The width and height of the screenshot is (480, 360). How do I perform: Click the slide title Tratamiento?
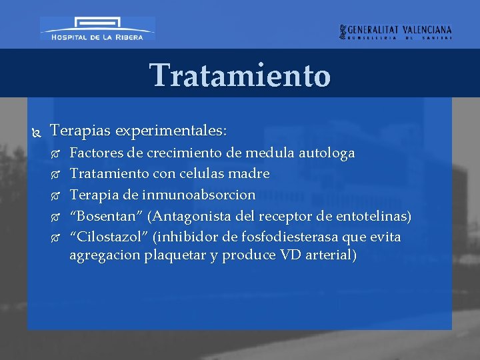pyautogui.click(x=240, y=75)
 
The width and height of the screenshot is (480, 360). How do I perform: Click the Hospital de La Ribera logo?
pyautogui.click(x=97, y=29)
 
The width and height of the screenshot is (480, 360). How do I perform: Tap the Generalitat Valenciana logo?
pyautogui.click(x=396, y=32)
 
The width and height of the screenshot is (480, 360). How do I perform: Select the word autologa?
pyautogui.click(x=326, y=153)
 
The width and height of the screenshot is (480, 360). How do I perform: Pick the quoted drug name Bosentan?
pyautogui.click(x=107, y=216)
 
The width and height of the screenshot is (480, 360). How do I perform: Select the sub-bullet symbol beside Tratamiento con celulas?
pyautogui.click(x=56, y=175)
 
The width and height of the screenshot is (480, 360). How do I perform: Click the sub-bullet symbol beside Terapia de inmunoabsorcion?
pyautogui.click(x=56, y=196)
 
